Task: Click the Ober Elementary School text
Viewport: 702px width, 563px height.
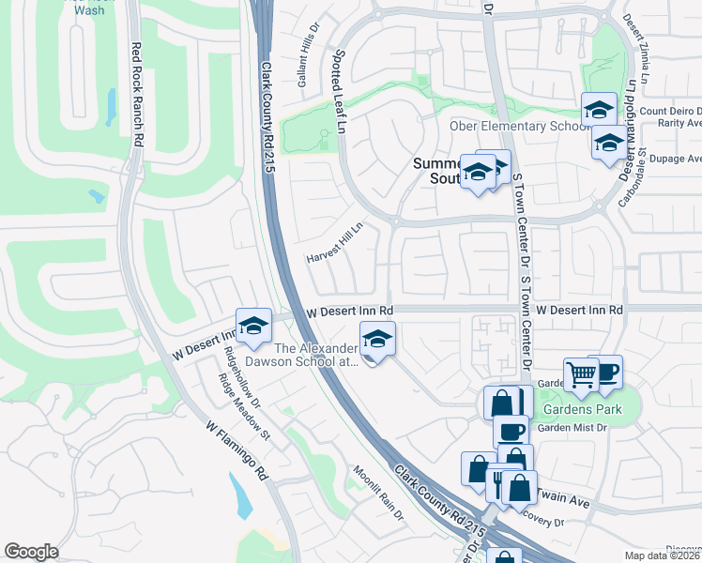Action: tap(505, 127)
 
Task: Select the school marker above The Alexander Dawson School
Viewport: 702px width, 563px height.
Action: tap(252, 325)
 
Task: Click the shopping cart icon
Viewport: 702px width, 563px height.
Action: tap(582, 373)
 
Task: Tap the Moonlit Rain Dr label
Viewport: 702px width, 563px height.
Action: tap(378, 493)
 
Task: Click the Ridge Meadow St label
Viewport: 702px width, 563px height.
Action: tap(244, 407)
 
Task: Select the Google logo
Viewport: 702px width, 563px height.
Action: tap(31, 552)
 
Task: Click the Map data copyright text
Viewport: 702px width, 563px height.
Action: tap(661, 555)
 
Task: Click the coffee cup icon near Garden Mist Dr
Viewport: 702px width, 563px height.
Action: tap(511, 432)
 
